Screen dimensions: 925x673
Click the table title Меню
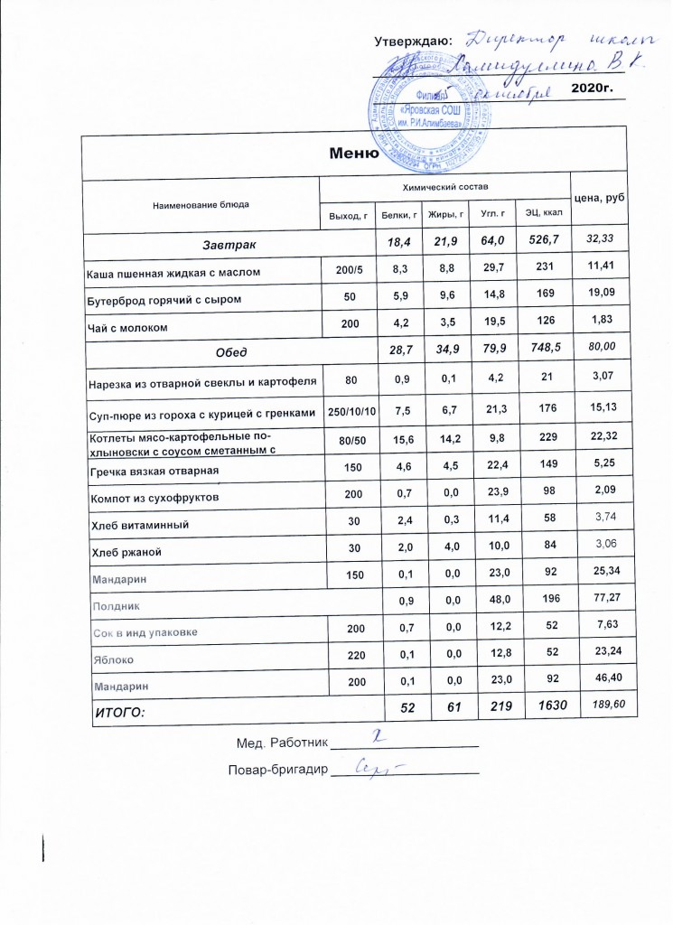tap(352, 152)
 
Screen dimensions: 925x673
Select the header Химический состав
tap(444, 185)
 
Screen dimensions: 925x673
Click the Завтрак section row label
tap(229, 244)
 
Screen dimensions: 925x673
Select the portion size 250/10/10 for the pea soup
tap(349, 407)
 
